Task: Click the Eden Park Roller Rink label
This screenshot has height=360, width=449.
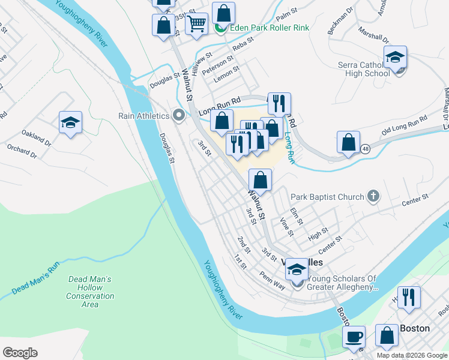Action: (x=262, y=28)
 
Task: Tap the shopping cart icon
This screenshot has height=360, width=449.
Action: (x=197, y=24)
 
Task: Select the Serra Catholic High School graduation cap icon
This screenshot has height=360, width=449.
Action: (x=395, y=59)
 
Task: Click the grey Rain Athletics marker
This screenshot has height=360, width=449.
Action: (x=178, y=115)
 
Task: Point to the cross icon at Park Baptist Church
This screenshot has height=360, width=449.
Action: (x=373, y=196)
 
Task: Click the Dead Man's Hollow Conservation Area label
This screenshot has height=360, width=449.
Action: (x=90, y=292)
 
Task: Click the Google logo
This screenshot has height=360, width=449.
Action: (x=20, y=353)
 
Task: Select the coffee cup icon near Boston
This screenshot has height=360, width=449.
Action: (x=354, y=337)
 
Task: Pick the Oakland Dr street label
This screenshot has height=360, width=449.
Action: (x=36, y=138)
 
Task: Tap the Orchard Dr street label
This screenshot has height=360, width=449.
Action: (x=22, y=151)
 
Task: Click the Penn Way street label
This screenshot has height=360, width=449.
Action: (x=273, y=279)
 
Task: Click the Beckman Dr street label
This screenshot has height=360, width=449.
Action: (x=339, y=23)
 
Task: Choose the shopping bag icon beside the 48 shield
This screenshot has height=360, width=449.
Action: (x=348, y=143)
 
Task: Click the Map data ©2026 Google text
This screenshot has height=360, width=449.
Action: (x=411, y=355)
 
